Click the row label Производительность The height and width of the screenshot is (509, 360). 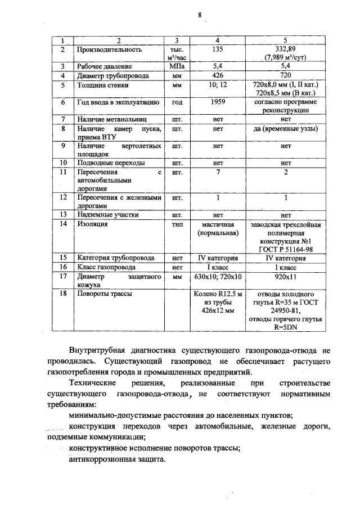109,49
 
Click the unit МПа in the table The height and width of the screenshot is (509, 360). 177,66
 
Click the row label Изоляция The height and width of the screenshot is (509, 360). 93,224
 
